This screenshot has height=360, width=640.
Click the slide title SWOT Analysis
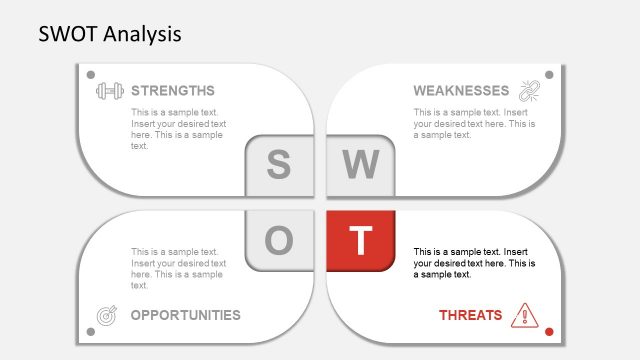110,34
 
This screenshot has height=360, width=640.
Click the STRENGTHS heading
172,91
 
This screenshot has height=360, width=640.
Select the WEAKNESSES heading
461,91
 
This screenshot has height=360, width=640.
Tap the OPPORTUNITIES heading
185,315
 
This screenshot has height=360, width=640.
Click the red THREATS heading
470,315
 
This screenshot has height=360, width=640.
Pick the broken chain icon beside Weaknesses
528,91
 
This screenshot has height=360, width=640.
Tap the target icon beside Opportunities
107,316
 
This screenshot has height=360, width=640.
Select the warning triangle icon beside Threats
524,315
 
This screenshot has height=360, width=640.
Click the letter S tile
279,165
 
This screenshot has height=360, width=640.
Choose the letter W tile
361,165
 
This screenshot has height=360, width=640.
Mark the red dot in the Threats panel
549,331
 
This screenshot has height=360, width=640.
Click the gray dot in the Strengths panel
91,74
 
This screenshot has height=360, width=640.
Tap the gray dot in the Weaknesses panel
549,74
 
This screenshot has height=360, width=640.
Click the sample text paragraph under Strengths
178,129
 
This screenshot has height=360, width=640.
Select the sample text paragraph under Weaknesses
474,124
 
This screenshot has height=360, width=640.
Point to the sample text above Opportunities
178,268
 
